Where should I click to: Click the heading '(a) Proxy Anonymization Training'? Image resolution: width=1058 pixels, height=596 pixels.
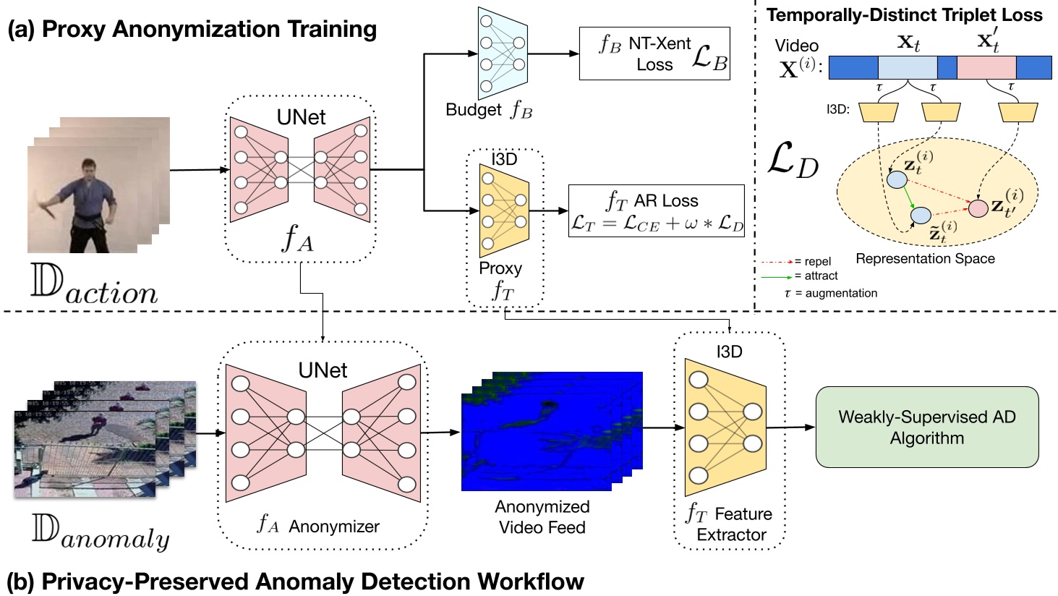(192, 29)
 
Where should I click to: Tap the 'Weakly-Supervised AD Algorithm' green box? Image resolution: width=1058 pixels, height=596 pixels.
(926, 427)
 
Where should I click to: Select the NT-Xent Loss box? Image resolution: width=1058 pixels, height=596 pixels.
(654, 54)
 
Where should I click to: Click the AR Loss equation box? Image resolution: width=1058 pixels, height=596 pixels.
(656, 211)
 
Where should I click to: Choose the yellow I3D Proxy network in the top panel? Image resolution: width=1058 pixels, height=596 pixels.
(503, 210)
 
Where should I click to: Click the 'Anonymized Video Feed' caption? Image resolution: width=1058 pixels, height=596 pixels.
(542, 516)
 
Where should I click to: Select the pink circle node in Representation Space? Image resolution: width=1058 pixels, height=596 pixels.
(978, 208)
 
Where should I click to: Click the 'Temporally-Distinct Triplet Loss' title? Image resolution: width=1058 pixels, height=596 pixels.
(904, 14)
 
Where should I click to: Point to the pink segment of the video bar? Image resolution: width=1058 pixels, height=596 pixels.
(986, 68)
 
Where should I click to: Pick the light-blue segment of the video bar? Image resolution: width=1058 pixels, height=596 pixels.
(907, 68)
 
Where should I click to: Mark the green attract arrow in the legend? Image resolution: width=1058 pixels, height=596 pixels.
(776, 276)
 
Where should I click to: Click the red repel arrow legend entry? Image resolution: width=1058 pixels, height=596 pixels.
(776, 262)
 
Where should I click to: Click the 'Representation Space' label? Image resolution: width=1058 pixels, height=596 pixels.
(925, 258)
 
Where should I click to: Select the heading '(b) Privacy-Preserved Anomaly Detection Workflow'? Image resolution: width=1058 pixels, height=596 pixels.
(295, 582)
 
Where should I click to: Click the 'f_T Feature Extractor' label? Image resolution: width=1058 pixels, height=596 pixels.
(729, 524)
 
